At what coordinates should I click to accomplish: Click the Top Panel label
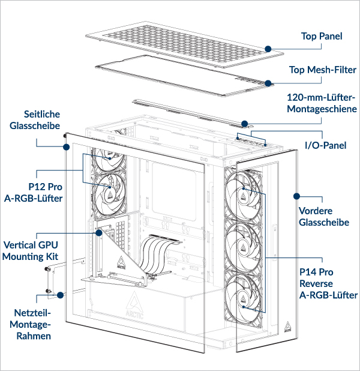point(322,37)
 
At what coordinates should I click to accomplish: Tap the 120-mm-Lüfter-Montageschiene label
point(321,103)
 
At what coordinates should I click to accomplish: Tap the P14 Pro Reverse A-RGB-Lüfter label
point(328,283)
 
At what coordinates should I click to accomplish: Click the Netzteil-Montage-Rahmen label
point(34,324)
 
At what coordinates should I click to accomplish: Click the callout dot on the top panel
point(268,48)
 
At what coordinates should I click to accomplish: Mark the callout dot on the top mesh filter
point(268,83)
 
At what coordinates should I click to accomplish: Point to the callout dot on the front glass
point(296,196)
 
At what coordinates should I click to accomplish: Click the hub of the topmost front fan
point(244,192)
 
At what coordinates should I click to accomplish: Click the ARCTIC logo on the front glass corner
point(289,327)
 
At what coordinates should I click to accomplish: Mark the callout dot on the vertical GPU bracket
point(99,232)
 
